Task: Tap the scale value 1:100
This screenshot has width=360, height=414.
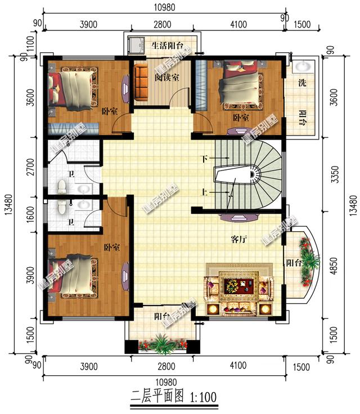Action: (200, 397)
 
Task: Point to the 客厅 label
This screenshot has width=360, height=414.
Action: (239, 238)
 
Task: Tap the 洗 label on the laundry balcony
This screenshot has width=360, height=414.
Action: (302, 83)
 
